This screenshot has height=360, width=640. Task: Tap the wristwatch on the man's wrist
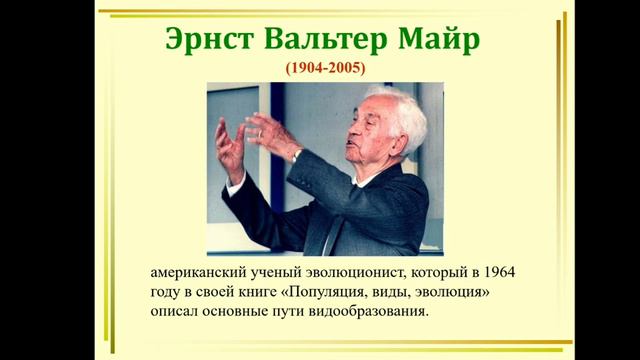[296, 155]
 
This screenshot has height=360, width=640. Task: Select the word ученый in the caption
[277, 272]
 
